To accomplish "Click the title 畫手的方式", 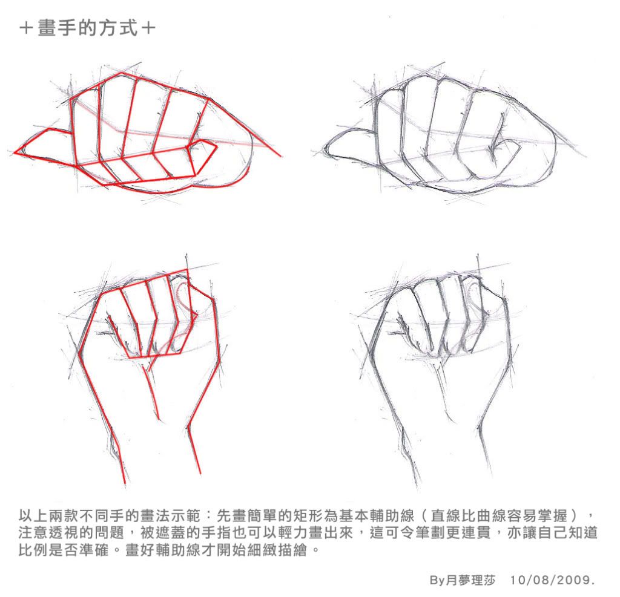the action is tap(88, 28).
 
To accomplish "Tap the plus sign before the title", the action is tap(26, 28).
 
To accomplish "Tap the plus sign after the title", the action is tap(149, 28).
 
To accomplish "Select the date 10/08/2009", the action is tap(553, 580).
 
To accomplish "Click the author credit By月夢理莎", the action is tap(462, 580).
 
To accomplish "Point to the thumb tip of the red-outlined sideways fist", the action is tap(16, 152).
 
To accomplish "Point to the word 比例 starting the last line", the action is tap(33, 550).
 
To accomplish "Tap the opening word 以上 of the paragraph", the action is tap(33, 516).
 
